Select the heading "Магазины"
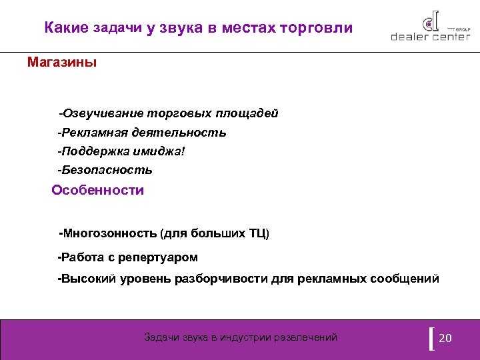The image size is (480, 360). click(x=62, y=63)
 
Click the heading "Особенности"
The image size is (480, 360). click(x=98, y=190)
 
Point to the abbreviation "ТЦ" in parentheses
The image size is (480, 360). click(x=257, y=234)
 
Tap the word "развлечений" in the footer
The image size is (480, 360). click(x=307, y=337)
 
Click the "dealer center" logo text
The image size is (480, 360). click(x=431, y=37)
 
